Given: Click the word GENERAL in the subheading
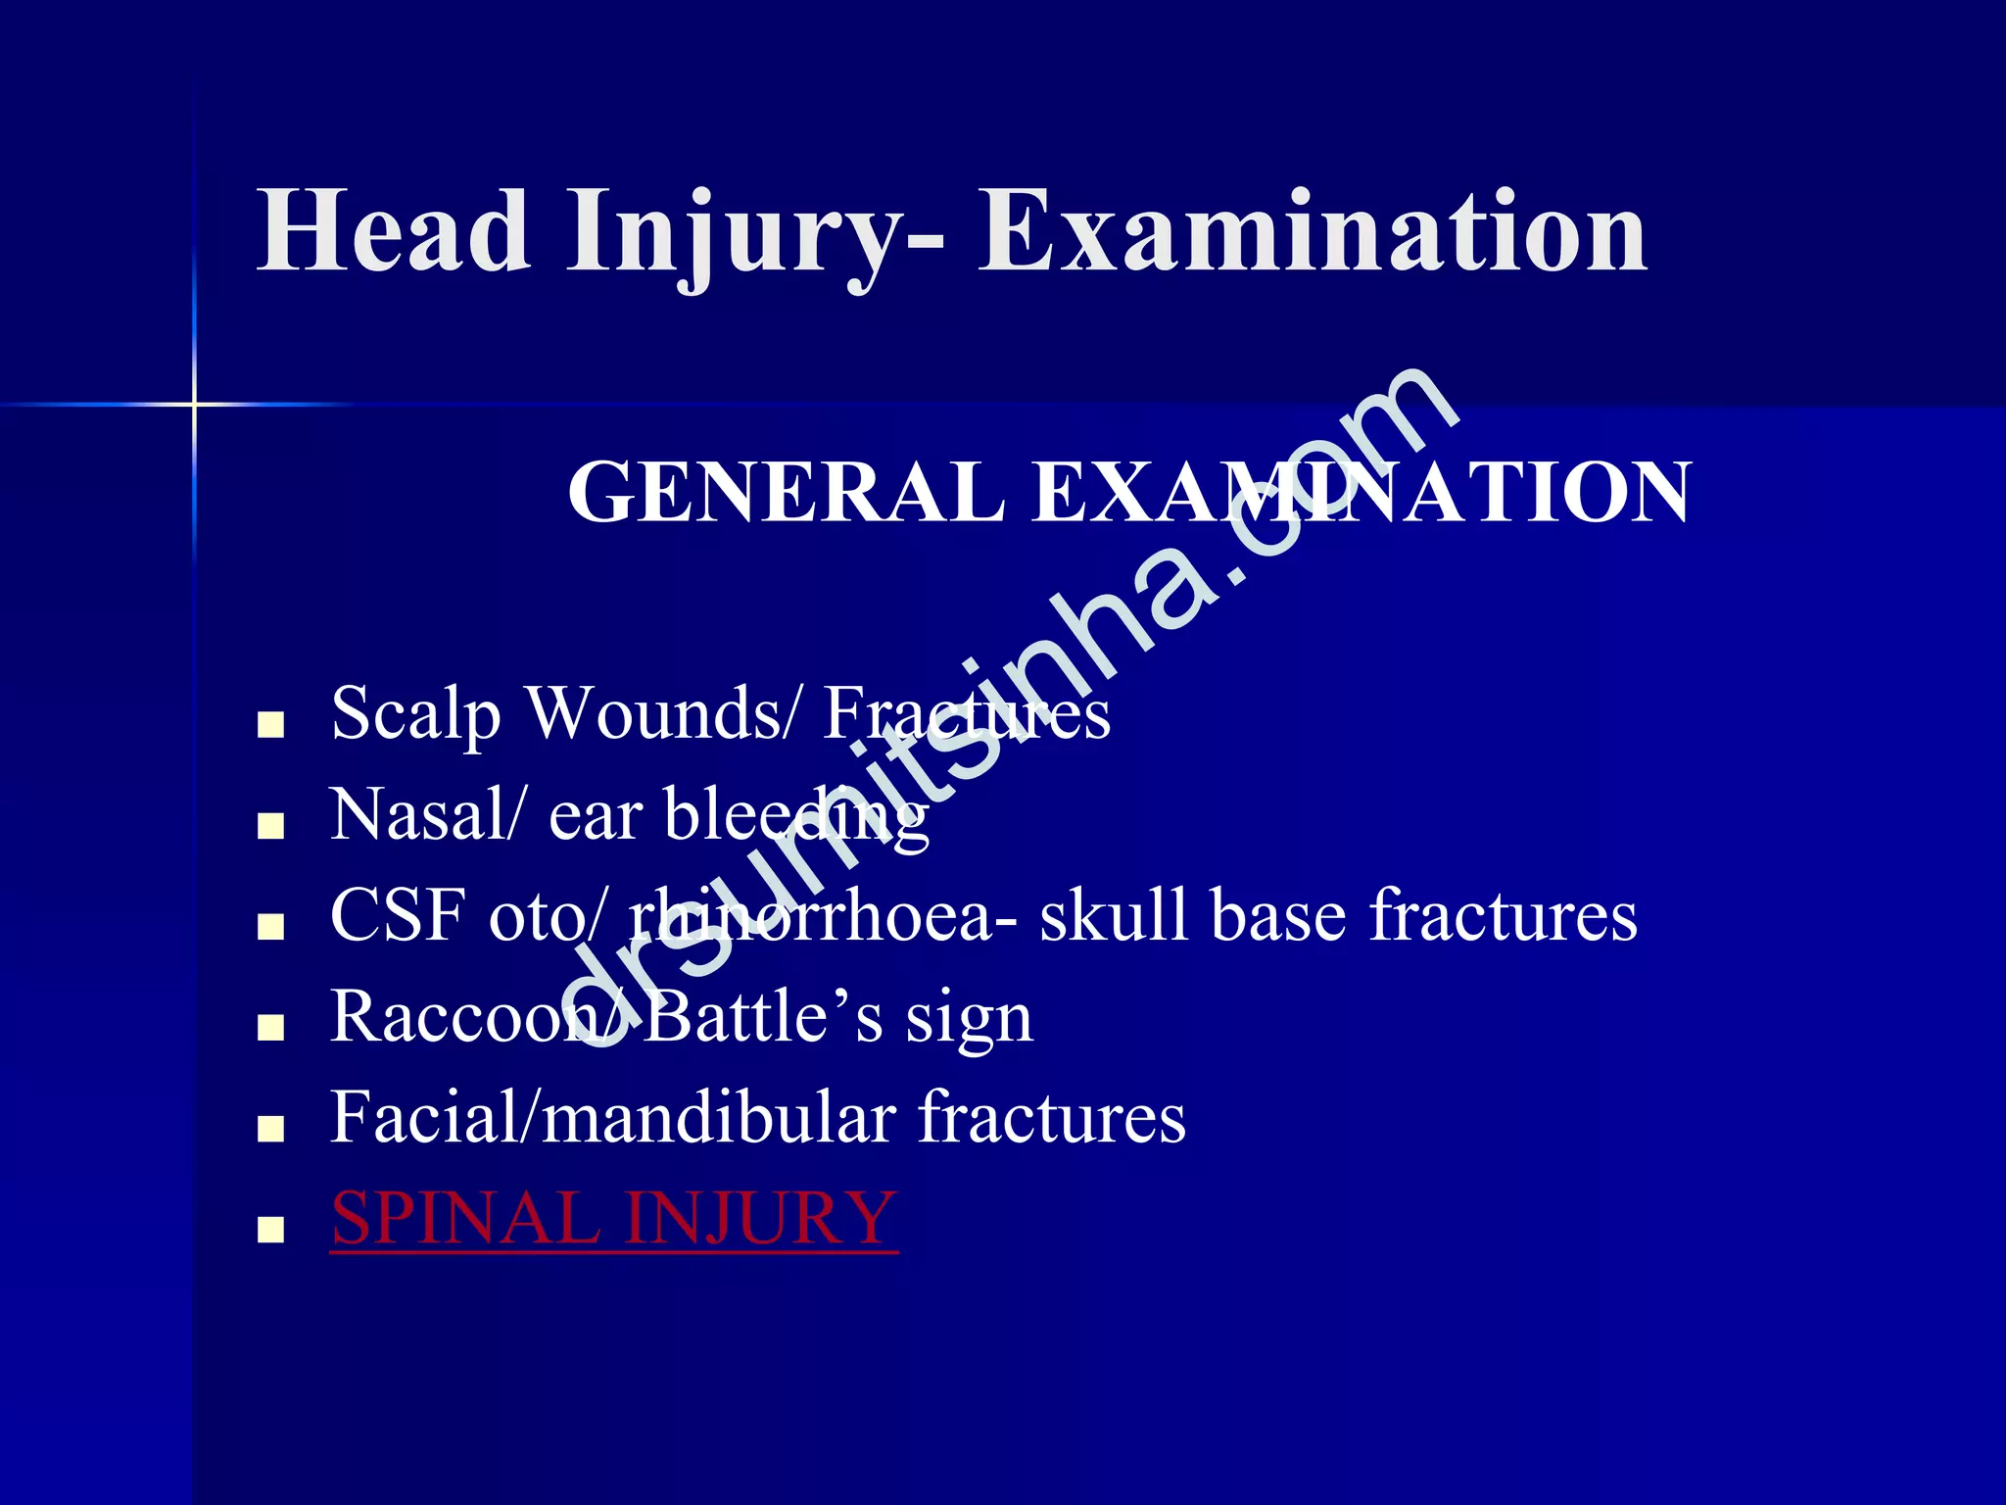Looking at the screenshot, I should (x=787, y=492).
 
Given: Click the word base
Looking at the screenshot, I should (x=1278, y=915).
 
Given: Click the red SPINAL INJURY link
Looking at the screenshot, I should (x=614, y=1219).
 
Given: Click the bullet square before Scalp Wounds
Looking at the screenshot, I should (x=270, y=726).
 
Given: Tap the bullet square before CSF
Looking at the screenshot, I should (x=270, y=927).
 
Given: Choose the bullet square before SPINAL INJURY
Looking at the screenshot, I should (x=270, y=1230).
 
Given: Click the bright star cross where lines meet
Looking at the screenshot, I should (x=194, y=404).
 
